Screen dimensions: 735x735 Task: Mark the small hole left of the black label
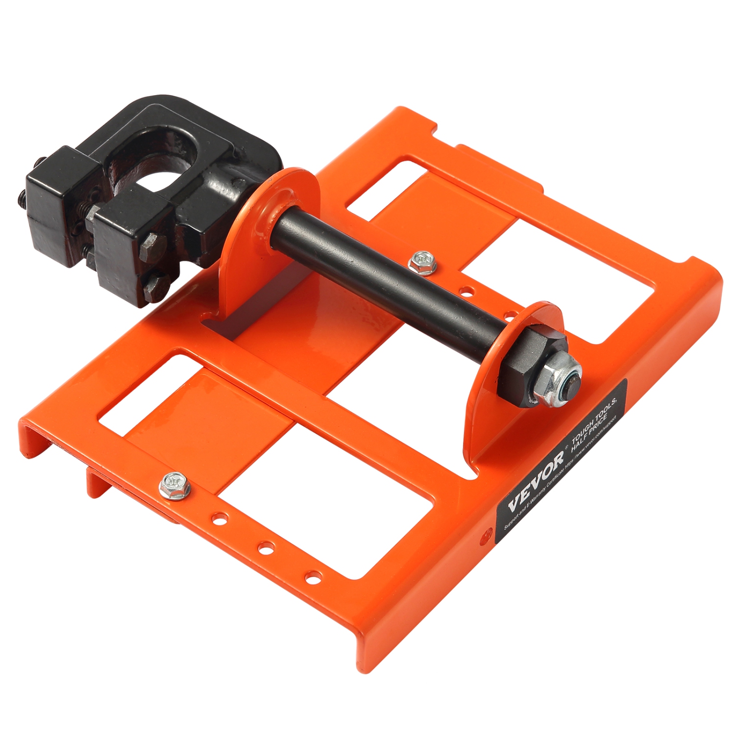[x=486, y=534]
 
